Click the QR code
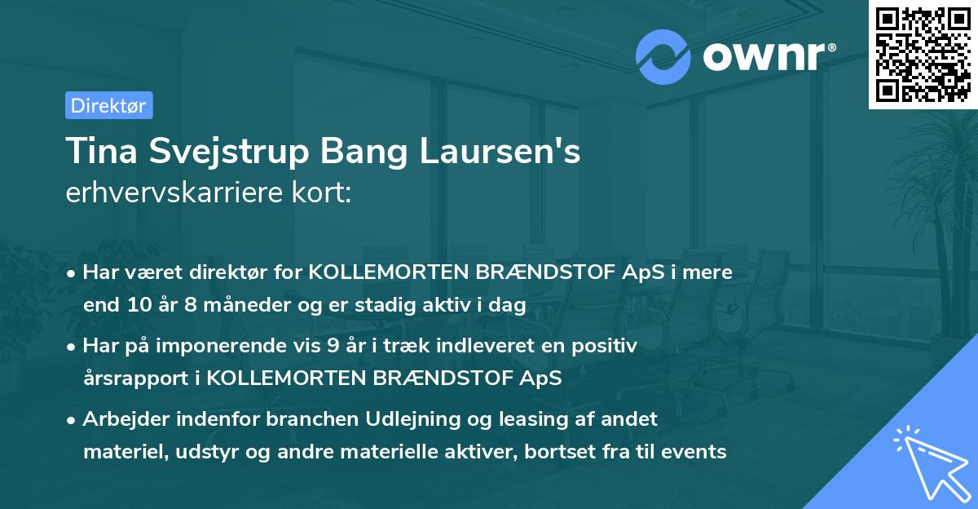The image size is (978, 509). click(x=923, y=54)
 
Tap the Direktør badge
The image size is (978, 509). click(x=108, y=105)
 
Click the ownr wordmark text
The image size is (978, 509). click(x=766, y=56)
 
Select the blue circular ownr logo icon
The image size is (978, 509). click(x=663, y=56)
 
